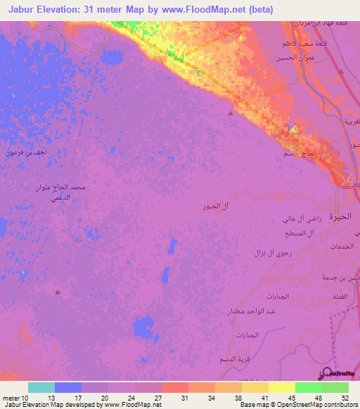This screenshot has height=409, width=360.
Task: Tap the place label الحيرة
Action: click(340, 217)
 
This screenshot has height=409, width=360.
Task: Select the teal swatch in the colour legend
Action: click(41, 387)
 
